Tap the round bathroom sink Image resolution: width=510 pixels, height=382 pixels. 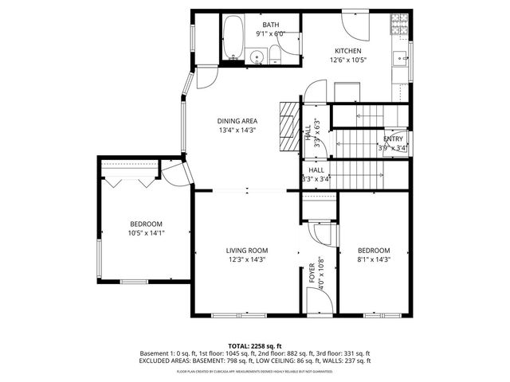[257, 56]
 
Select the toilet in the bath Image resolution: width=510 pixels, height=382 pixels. [276, 54]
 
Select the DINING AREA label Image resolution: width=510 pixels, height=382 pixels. [237, 121]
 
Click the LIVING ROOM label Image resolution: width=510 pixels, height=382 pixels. [246, 251]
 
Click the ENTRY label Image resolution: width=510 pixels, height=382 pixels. [395, 139]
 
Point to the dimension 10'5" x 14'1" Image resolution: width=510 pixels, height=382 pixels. [146, 233]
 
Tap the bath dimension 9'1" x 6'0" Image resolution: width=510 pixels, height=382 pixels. [271, 34]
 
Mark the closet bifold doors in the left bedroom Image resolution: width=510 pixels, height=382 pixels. [130, 180]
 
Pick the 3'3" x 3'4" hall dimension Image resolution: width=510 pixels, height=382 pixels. [315, 179]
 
